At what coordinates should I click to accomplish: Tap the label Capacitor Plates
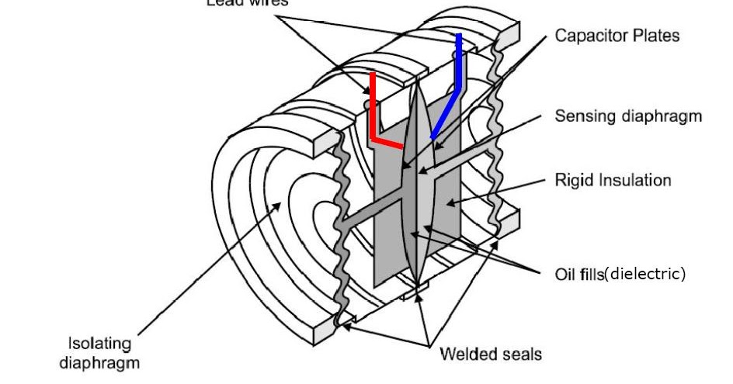(x=617, y=36)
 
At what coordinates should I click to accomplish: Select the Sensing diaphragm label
(x=628, y=116)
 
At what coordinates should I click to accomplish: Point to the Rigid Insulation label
(x=613, y=181)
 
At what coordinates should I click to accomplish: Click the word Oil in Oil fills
(x=565, y=274)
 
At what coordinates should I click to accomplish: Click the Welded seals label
(x=491, y=355)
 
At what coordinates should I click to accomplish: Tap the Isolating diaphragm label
(x=100, y=353)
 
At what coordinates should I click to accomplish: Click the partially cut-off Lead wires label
(x=247, y=3)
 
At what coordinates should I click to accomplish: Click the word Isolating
(x=100, y=344)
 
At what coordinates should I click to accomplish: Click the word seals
(x=520, y=355)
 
